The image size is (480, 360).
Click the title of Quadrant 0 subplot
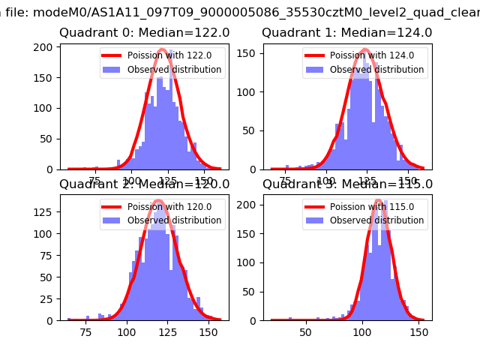(x=144, y=33)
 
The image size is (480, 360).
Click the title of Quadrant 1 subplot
(x=346, y=33)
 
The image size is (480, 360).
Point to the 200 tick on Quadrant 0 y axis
(x=46, y=47)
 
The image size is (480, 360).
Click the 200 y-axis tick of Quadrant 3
(x=249, y=204)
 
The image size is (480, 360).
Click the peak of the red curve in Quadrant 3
(x=378, y=201)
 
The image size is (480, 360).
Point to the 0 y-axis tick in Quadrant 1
(x=254, y=169)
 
